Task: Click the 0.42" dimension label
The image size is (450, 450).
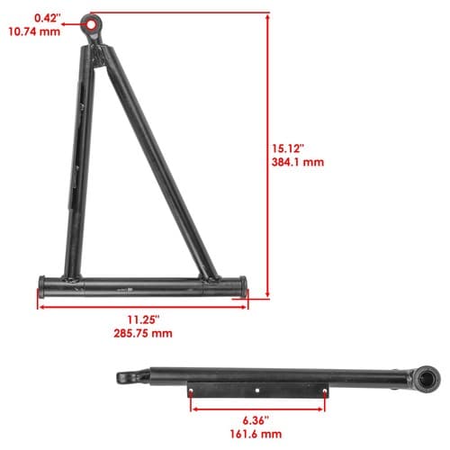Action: [x=48, y=18]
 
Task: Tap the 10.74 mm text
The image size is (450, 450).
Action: [x=34, y=31]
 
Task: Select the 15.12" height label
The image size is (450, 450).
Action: [x=288, y=148]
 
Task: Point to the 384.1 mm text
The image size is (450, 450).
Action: [x=298, y=162]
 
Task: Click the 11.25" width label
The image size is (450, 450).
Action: [x=143, y=319]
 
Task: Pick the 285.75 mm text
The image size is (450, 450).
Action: [x=143, y=333]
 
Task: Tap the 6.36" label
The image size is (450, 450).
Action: [x=256, y=420]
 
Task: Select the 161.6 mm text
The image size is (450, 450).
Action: [x=256, y=434]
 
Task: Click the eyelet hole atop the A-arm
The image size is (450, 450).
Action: [x=90, y=24]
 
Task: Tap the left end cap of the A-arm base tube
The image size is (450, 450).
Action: [x=42, y=286]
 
